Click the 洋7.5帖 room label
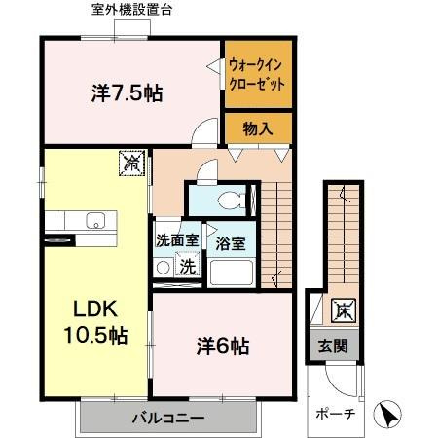pos(127,93)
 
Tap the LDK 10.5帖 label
pos(94,322)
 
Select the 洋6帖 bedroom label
pos(223,345)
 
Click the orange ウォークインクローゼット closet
pos(257,75)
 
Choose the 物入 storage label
pos(257,128)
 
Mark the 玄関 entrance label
pos(333,346)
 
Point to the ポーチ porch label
pos(333,413)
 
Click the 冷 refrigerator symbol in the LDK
pos(130,164)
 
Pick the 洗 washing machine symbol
pos(188,266)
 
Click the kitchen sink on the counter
pos(95,218)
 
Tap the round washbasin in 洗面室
pos(164,266)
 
